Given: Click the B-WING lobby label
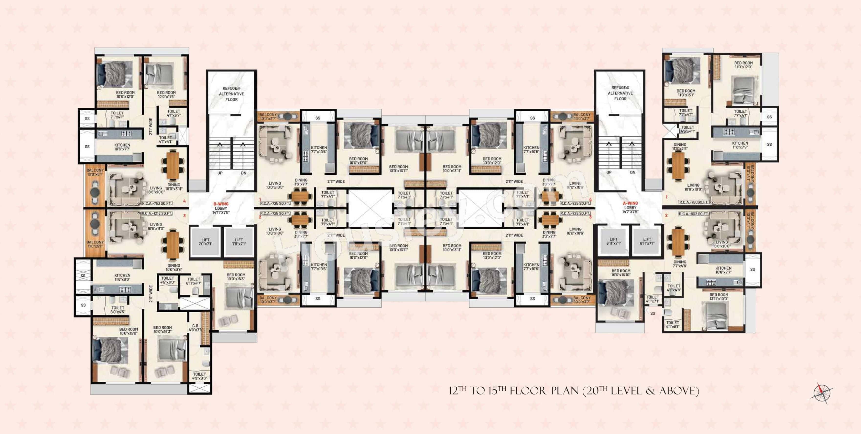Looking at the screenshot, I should point(221,208).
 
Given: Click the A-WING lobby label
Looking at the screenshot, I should point(630,207).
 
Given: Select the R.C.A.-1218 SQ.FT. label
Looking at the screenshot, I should point(157,213).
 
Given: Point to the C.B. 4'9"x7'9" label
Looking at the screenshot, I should point(196,328).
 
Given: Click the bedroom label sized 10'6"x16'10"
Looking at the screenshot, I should point(621,273).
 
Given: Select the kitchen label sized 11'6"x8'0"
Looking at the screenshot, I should point(122,277).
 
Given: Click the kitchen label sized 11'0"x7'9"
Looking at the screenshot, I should point(740,145).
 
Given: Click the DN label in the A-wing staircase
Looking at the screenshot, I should point(632,172).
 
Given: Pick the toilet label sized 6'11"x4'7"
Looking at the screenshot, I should point(194,281).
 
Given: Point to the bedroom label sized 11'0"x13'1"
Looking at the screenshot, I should point(686,93).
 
